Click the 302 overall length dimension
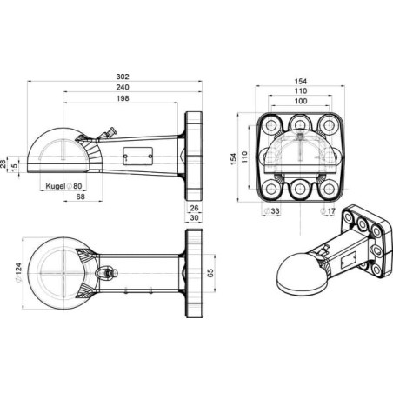tap(123, 77)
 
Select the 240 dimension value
tap(123, 87)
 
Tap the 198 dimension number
tap(123, 98)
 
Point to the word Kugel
tap(56, 186)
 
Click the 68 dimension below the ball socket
tap(80, 196)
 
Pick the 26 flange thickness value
tap(194, 208)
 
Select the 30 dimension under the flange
tap(194, 217)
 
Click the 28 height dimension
tap(3, 164)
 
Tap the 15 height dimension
tap(15, 168)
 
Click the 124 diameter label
tap(18, 273)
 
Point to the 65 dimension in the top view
tap(210, 273)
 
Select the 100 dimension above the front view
tap(301, 101)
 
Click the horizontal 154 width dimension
tap(301, 82)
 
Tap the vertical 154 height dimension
tap(233, 159)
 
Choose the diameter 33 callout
tap(271, 211)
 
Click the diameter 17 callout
tap(328, 211)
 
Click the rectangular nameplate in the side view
tap(137, 156)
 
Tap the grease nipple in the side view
tap(108, 134)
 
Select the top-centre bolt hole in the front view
tap(300, 125)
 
